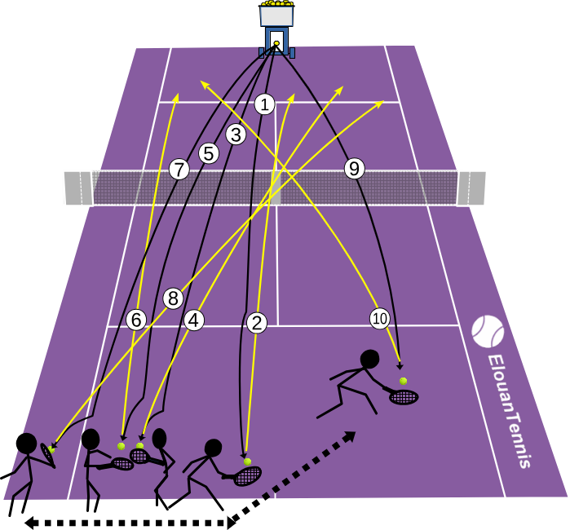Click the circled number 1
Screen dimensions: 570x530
(x=264, y=104)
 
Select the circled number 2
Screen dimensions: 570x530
(x=257, y=323)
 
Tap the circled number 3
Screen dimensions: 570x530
(x=236, y=135)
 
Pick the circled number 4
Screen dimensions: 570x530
(x=194, y=320)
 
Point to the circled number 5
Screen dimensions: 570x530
(x=209, y=153)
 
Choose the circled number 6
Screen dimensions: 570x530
(x=136, y=320)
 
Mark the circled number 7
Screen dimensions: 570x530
(x=179, y=170)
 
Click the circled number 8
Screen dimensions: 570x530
(x=173, y=298)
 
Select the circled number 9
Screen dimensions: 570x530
(x=355, y=168)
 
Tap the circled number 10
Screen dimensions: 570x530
(x=380, y=319)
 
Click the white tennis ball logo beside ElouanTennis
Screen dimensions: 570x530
(x=488, y=331)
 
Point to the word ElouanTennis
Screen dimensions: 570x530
(x=508, y=411)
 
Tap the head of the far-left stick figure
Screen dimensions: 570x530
(x=27, y=443)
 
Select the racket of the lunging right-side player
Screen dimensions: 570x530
(x=402, y=396)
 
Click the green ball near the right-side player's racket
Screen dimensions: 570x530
(x=403, y=381)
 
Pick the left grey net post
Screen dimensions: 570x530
(x=77, y=188)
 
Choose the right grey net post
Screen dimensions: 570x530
(x=471, y=188)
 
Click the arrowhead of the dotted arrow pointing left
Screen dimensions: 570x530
(x=30, y=523)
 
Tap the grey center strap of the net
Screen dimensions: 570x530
(x=275, y=188)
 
